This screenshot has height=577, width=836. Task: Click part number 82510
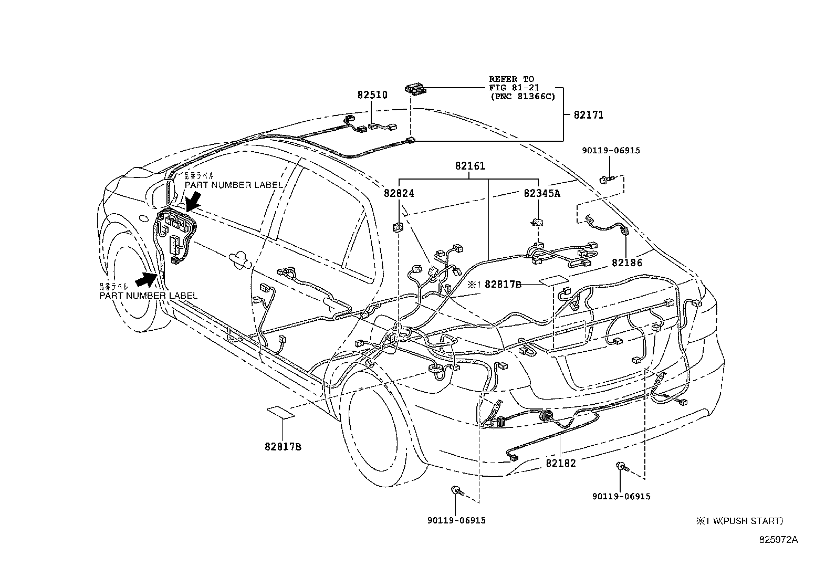point(372,96)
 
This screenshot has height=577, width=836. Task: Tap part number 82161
point(470,166)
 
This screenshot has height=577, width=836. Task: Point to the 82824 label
point(399,194)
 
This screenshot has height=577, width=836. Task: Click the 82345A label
point(542,194)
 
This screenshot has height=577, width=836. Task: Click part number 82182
point(560,464)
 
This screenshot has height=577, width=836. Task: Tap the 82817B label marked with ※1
point(503,285)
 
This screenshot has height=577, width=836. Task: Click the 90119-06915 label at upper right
point(611,151)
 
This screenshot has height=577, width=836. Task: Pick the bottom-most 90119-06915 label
point(456,521)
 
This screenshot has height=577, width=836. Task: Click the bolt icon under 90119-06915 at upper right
point(605,181)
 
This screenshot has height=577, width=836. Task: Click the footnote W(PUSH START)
point(743,521)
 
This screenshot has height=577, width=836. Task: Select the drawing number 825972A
point(778,540)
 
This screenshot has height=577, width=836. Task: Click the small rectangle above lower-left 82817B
point(280,411)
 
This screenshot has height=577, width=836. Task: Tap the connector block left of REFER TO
point(414,89)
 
